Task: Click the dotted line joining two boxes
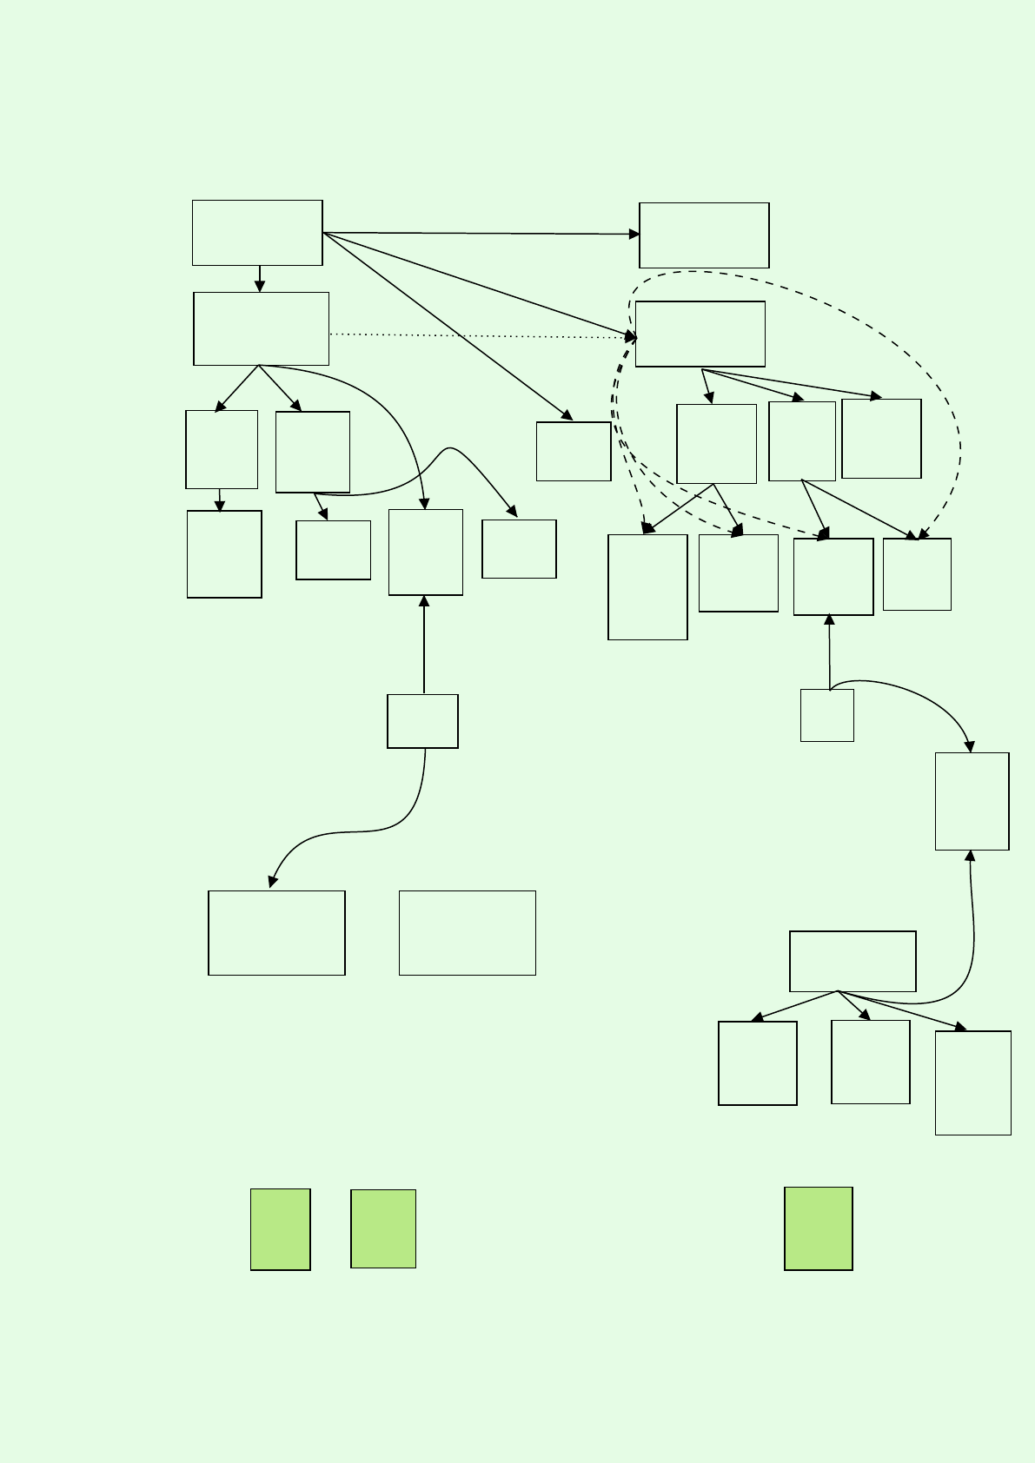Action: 478,335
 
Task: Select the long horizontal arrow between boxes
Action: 478,234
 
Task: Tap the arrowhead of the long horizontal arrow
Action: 634,235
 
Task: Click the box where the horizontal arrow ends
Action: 704,235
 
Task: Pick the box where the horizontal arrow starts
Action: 257,233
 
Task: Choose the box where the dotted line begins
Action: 261,328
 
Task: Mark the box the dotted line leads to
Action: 700,334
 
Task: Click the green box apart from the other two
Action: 818,1228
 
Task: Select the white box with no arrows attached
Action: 467,932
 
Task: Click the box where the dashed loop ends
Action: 917,574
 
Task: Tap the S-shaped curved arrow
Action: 348,833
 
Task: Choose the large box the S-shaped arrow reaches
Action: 276,932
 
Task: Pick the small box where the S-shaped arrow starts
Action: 422,721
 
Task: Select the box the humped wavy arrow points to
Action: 519,549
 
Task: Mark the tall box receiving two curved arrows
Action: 972,801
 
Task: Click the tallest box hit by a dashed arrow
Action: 647,587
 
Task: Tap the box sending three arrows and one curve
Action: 853,961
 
